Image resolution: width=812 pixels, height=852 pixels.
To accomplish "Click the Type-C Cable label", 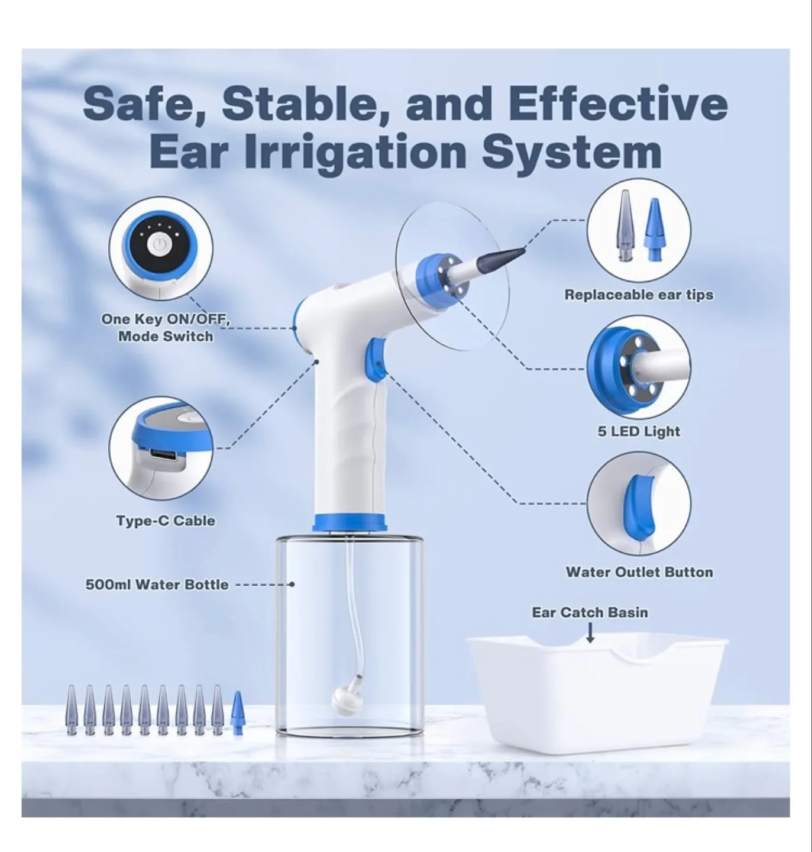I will coord(166,521).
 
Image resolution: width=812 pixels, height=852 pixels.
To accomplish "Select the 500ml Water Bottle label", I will coord(157,585).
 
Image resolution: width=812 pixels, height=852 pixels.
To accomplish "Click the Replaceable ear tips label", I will coord(639,295).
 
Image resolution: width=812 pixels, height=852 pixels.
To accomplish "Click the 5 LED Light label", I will coord(639,431).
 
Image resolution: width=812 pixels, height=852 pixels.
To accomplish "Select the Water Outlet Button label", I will coord(639,572).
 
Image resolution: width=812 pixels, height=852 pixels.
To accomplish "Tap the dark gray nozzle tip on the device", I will coord(509,253).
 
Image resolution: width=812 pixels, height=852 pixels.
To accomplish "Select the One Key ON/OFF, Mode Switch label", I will coord(165,328).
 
